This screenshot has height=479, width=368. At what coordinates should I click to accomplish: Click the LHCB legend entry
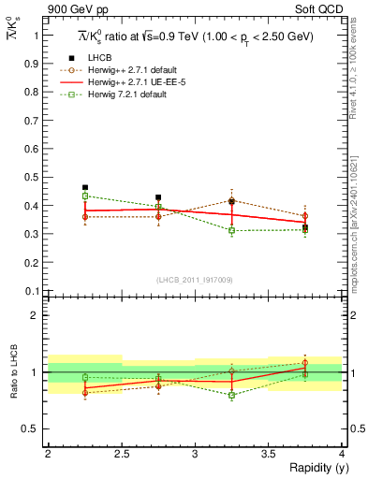(101, 59)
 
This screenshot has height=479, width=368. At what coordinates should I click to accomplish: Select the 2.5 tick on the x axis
(121, 454)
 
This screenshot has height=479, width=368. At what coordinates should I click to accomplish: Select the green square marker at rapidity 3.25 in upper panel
(232, 230)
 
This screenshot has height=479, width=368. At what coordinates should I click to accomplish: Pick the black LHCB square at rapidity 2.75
(158, 197)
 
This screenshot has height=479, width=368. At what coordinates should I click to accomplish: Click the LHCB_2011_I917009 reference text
(195, 280)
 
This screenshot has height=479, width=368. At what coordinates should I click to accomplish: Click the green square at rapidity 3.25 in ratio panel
(232, 395)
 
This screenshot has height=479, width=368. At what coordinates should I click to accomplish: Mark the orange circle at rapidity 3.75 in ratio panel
(305, 363)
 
